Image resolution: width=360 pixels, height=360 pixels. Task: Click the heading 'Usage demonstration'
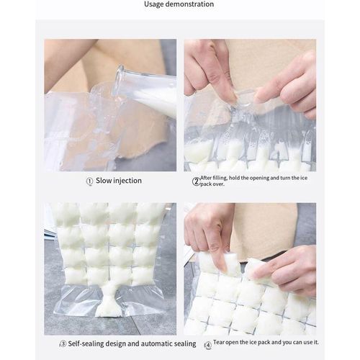(179, 4)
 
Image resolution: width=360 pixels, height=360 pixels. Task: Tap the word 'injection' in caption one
(128, 181)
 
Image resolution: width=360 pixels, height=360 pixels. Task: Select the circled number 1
(89, 181)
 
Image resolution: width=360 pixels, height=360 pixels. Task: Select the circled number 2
(195, 181)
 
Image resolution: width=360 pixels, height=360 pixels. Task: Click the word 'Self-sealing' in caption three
(90, 344)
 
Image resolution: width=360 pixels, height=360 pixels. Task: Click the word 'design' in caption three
(125, 344)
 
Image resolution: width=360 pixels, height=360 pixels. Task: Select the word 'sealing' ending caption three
(183, 344)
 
